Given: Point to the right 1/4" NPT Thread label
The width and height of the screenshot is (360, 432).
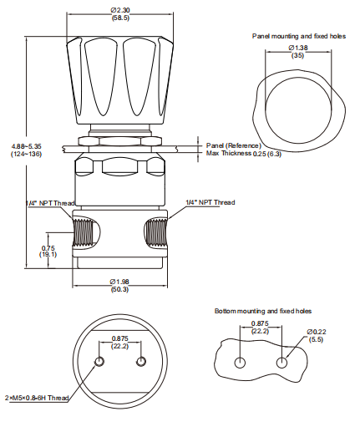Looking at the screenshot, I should pos(210,202).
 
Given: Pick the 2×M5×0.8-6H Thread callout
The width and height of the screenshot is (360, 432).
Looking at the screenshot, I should pos(36,398).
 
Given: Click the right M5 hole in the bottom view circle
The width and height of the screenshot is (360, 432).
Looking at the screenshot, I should pos(140,361).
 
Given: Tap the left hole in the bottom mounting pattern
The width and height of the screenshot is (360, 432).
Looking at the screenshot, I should pos(241,362).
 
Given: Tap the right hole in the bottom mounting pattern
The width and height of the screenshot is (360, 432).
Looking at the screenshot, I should pos(283,362).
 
